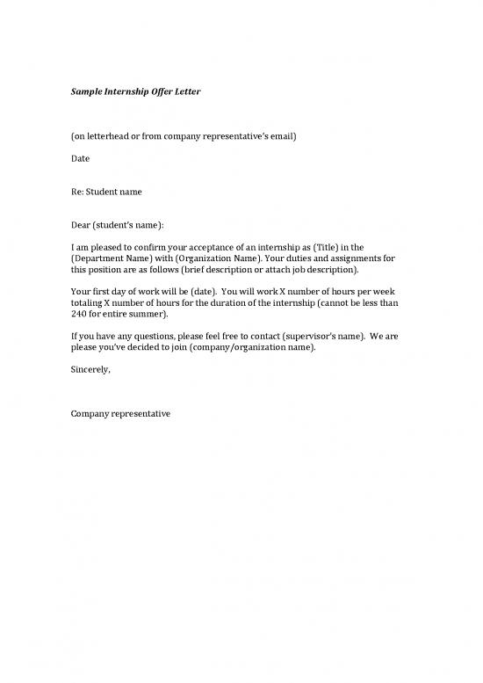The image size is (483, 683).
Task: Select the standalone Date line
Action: [80, 158]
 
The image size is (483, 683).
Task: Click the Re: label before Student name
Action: [78, 192]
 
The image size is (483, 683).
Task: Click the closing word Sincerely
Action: [90, 369]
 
